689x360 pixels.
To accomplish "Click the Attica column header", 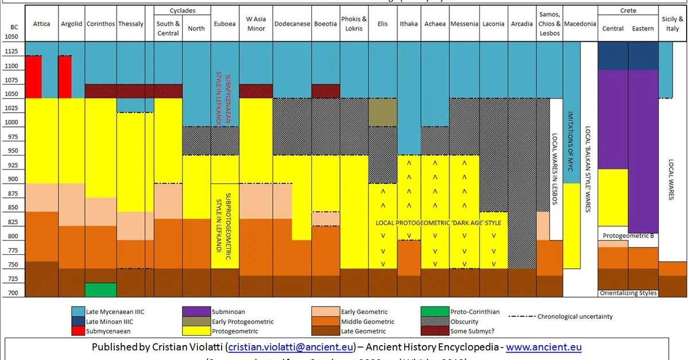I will click(41, 24).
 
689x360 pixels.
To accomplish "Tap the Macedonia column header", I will click(580, 24).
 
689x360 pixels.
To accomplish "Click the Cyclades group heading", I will click(183, 11).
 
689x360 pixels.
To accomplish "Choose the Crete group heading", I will click(628, 11).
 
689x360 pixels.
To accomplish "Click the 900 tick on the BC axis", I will click(13, 179).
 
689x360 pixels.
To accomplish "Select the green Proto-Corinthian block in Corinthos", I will click(100, 289).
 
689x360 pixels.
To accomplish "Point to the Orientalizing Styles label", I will click(628, 293).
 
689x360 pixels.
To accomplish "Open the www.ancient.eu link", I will click(543, 347).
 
